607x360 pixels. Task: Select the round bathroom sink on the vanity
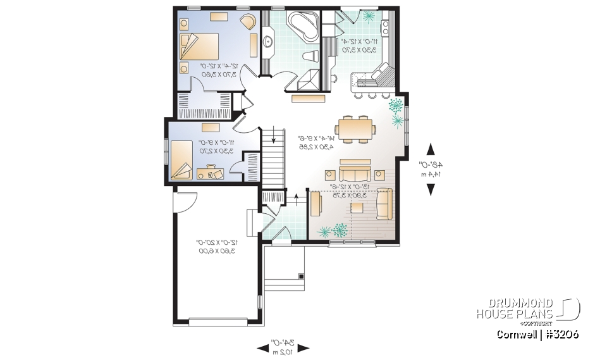click(268, 43)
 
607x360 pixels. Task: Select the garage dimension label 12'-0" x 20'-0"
click(216, 246)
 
